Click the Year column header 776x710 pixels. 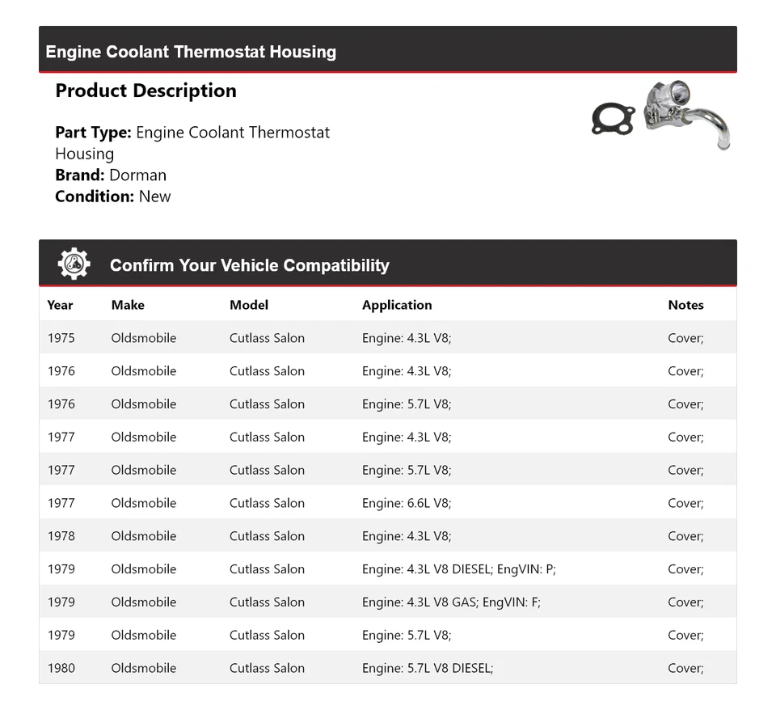60,305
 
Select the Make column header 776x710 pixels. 128,305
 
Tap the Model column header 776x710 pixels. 249,305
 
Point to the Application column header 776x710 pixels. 397,305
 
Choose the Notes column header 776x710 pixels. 685,305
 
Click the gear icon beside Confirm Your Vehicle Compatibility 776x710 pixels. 74,264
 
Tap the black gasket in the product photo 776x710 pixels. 612,118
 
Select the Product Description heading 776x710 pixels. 145,91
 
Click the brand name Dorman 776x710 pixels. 137,175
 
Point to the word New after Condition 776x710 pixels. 154,196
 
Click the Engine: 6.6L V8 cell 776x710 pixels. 407,503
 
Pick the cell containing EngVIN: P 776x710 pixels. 458,568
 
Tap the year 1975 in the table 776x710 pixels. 61,338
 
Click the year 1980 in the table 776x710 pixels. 61,668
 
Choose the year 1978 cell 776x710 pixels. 61,536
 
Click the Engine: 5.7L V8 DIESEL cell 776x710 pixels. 427,668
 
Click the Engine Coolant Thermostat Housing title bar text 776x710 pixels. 191,52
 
